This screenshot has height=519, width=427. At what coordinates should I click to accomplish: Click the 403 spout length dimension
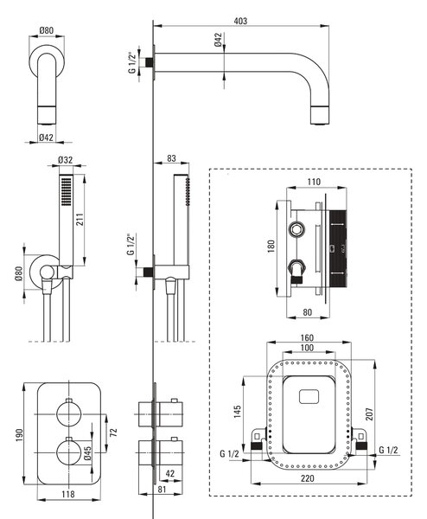(x=240, y=21)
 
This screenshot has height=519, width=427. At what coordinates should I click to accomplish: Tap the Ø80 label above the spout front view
(x=47, y=30)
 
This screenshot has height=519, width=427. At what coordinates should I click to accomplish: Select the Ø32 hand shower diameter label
(x=65, y=160)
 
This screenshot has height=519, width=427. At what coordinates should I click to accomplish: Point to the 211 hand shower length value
(x=80, y=219)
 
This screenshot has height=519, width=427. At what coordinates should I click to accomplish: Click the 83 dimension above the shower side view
(x=171, y=158)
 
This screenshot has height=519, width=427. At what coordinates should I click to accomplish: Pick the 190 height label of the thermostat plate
(x=19, y=435)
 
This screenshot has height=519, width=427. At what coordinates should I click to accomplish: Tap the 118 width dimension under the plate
(x=68, y=494)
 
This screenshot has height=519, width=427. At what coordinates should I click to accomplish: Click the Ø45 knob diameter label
(x=87, y=453)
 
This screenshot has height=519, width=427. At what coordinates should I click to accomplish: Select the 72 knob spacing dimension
(x=113, y=432)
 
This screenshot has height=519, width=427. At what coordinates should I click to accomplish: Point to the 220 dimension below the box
(x=307, y=478)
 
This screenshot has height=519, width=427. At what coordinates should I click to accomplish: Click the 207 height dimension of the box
(x=369, y=413)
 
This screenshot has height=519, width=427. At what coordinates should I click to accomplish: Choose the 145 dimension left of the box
(x=237, y=412)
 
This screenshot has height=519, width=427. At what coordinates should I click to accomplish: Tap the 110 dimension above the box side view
(x=314, y=182)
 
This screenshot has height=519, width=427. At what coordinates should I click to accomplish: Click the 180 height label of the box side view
(x=271, y=247)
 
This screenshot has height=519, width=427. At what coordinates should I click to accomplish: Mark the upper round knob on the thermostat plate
(x=69, y=413)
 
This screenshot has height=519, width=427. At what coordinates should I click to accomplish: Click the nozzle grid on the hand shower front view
(x=67, y=191)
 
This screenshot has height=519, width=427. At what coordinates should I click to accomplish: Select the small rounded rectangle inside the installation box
(x=309, y=396)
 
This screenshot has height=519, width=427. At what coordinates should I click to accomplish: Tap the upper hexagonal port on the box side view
(x=296, y=229)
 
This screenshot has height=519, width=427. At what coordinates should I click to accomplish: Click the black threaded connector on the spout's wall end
(x=150, y=62)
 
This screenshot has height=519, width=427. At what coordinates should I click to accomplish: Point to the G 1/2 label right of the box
(x=388, y=450)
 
